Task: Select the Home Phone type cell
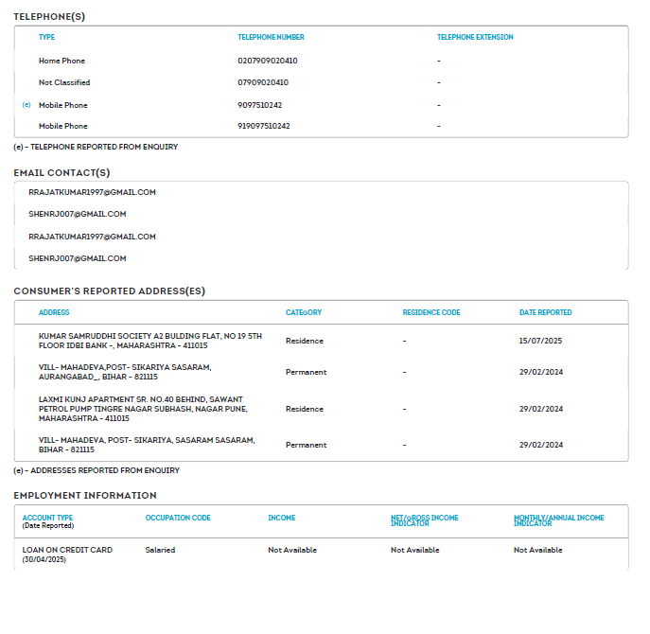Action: (61, 61)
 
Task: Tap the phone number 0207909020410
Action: (267, 61)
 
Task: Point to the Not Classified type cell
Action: (64, 82)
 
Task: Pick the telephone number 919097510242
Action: (263, 126)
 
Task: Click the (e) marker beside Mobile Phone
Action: (26, 105)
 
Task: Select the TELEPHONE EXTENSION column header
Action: (475, 38)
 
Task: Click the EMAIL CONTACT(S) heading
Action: (61, 172)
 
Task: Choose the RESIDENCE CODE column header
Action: (431, 312)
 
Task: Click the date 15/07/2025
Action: (540, 341)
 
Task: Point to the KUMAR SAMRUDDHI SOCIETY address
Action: (149, 341)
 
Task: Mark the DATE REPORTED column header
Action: (545, 312)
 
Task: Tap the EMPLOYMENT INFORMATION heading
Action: (85, 495)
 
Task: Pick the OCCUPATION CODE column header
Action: (178, 518)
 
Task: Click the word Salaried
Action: (160, 550)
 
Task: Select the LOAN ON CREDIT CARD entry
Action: (67, 550)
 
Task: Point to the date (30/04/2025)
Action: (44, 560)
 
